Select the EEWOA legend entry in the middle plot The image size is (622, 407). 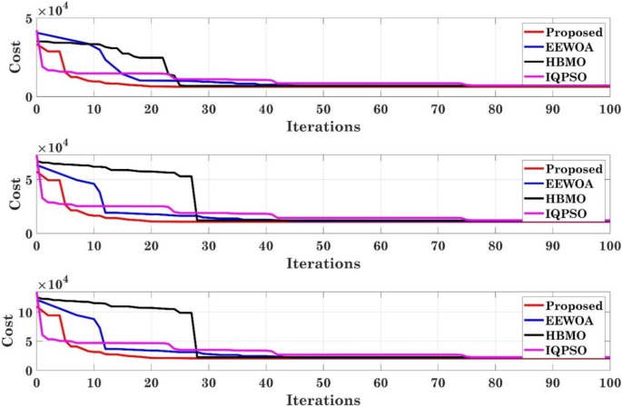570,184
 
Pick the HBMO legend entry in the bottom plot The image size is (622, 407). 568,335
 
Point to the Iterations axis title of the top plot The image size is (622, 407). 322,125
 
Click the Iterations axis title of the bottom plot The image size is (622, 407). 322,400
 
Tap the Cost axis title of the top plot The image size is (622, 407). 13,56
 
